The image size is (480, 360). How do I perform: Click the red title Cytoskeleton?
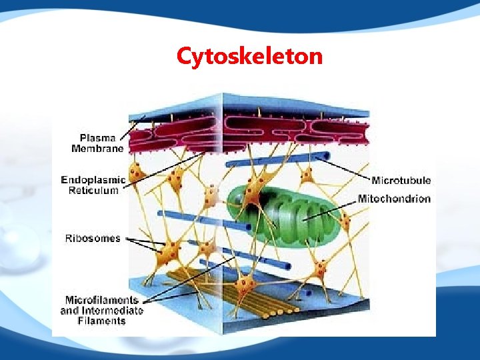pyautogui.click(x=249, y=56)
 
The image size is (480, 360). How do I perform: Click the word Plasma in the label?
pyautogui.click(x=97, y=138)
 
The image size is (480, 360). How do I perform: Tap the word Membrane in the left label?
pyautogui.click(x=97, y=149)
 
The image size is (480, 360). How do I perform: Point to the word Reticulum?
pyautogui.click(x=93, y=191)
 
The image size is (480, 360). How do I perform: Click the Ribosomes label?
pyautogui.click(x=93, y=238)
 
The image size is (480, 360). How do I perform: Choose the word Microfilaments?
pyautogui.click(x=102, y=300)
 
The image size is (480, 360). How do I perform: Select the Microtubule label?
pyautogui.click(x=401, y=180)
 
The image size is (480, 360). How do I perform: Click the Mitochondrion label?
pyautogui.click(x=394, y=199)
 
